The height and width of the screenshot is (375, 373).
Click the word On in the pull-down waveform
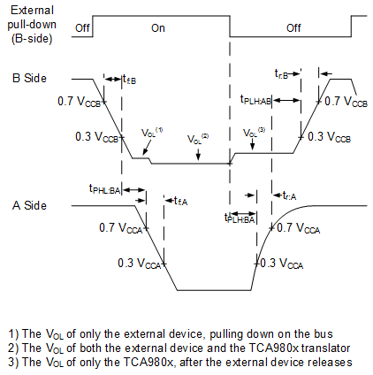157,27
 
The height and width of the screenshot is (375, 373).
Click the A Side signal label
28,205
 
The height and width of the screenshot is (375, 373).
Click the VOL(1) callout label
153,133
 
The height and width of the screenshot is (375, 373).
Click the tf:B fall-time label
129,80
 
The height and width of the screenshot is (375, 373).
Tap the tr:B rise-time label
283,72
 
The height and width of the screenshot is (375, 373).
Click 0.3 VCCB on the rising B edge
328,137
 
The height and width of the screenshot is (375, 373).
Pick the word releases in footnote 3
329,361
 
